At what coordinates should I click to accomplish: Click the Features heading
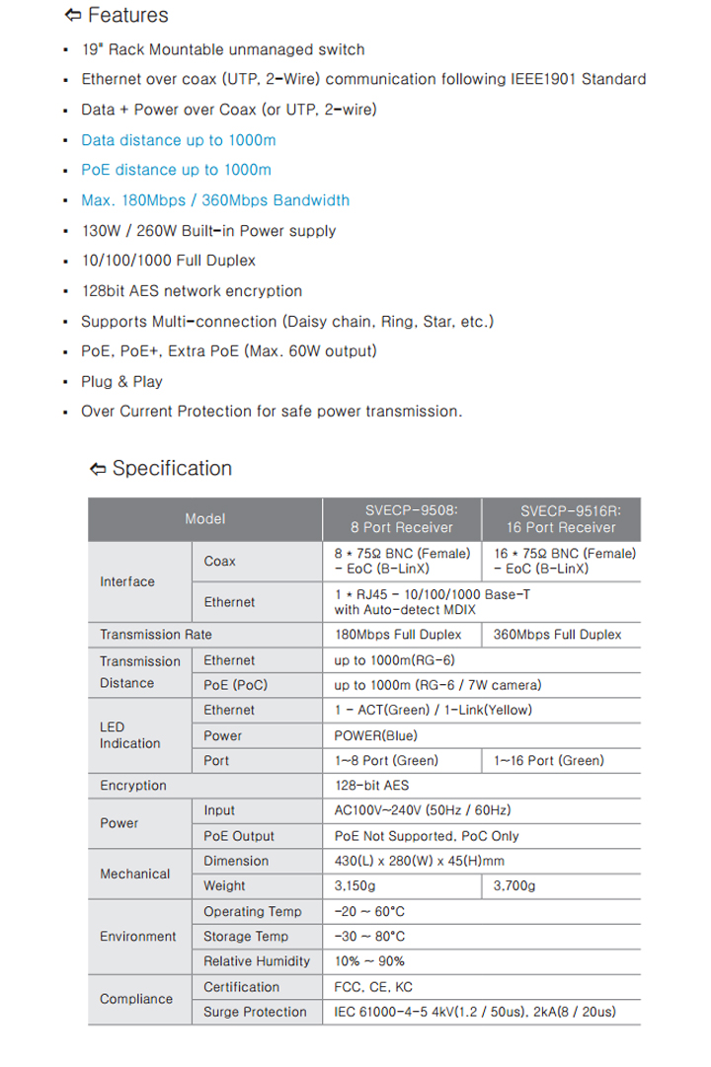[x=126, y=16]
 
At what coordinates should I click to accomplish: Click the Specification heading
[x=172, y=469]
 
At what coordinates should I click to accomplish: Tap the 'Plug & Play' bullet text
[x=121, y=382]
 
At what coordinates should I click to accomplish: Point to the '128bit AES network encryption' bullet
[x=192, y=291]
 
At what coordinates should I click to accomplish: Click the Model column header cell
[x=204, y=518]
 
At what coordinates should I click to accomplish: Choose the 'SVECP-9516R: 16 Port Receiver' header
[x=566, y=518]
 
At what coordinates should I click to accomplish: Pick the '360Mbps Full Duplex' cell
[x=557, y=635]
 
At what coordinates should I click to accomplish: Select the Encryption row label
[x=133, y=786]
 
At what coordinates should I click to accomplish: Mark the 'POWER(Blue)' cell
[x=376, y=735]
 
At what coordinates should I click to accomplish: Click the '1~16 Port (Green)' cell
[x=548, y=761]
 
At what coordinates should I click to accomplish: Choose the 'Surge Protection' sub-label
[x=255, y=1012]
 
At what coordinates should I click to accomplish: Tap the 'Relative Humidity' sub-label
[x=256, y=961]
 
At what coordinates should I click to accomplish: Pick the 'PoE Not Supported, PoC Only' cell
[x=427, y=836]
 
